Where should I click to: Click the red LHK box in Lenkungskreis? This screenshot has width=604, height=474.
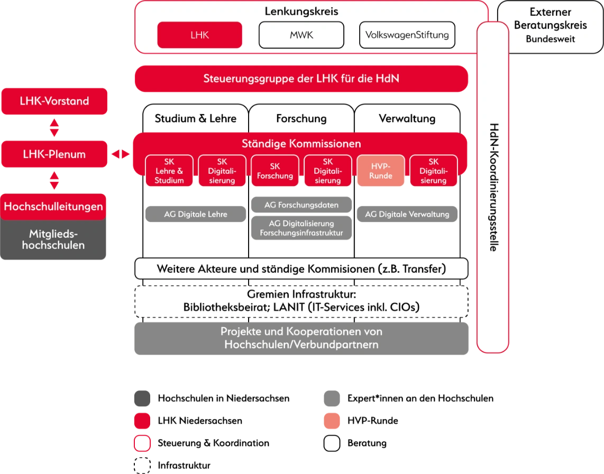(x=199, y=35)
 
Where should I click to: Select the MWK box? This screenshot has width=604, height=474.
(x=301, y=35)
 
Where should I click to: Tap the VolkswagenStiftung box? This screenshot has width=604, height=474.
(x=407, y=35)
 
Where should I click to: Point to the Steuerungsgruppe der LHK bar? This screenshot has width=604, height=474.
(x=301, y=79)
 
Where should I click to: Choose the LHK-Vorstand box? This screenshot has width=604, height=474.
(x=54, y=101)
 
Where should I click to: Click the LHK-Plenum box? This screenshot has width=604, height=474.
(x=54, y=154)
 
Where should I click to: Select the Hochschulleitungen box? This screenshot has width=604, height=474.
(x=53, y=206)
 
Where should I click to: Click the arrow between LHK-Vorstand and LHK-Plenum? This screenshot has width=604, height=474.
(x=53, y=127)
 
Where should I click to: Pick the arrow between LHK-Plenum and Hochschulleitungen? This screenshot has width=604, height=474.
(x=53, y=180)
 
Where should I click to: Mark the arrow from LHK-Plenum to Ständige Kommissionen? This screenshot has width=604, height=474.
(x=120, y=154)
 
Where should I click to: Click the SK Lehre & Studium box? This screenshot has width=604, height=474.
(x=169, y=171)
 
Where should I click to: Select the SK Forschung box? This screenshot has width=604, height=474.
(x=275, y=171)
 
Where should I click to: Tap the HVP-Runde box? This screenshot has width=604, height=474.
(x=381, y=171)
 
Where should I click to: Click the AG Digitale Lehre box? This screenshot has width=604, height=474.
(x=195, y=215)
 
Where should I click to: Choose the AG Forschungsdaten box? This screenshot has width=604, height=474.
(x=301, y=204)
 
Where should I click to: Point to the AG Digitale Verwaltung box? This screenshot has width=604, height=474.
(x=407, y=215)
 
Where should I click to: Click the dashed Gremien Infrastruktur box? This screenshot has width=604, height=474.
(x=301, y=301)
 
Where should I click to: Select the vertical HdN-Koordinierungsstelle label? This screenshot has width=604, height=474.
(x=493, y=188)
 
